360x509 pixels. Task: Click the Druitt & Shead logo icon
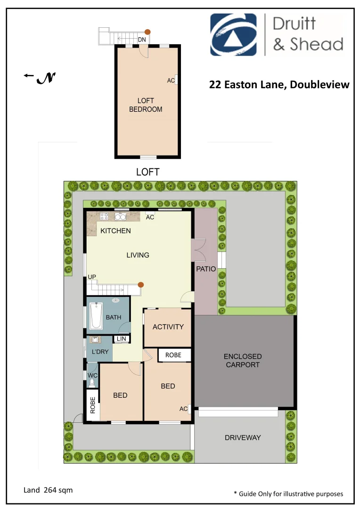coord(233,34)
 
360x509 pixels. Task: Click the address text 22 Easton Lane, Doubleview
coord(279,85)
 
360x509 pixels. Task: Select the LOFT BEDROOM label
coord(146,105)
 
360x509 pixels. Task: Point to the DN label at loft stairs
coord(142,40)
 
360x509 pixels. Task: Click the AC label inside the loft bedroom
coord(171,81)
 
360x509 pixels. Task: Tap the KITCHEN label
coord(115,231)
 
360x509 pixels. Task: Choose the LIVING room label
coord(138,255)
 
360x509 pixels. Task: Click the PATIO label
coord(206,269)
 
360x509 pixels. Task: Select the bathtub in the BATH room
coord(96,316)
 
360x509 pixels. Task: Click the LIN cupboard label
coord(121,339)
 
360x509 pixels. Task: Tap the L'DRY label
coord(100,352)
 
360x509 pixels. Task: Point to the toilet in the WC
coord(92,383)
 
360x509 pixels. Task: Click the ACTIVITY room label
coord(168,327)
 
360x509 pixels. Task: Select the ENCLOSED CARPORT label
coord(243,361)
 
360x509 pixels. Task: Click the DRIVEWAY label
coord(243,438)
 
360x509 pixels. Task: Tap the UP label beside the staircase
coord(92,277)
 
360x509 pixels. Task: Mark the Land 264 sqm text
coord(48,490)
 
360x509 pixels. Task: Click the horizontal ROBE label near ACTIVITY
coord(173,355)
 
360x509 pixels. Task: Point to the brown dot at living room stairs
coord(140,285)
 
